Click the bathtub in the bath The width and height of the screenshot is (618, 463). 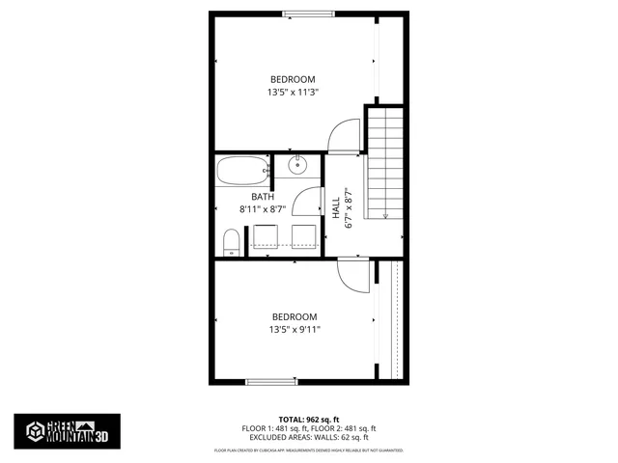coord(240,173)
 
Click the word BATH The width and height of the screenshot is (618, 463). coord(264,197)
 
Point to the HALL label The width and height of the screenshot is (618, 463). coord(336,209)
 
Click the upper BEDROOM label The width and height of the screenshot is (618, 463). coord(293,79)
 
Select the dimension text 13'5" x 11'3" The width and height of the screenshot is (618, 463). coord(293,93)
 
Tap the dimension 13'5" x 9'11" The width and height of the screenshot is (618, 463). coord(295,330)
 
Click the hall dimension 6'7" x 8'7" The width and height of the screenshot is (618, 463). coord(349,209)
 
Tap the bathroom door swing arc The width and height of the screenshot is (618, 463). coord(307,202)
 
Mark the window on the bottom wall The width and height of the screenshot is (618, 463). coord(274,383)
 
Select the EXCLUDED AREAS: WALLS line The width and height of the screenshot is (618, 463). coord(309,436)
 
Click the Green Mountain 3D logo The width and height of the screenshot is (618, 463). coord(67,429)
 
